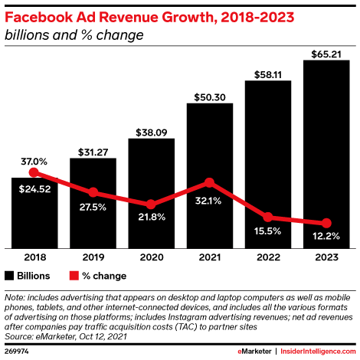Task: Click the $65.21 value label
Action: coord(327,54)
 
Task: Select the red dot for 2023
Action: coord(327,222)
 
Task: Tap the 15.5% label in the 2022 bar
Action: coord(268,230)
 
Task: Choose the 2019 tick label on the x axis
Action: coord(93,259)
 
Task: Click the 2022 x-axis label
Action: coord(268,259)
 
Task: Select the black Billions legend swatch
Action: coord(9,275)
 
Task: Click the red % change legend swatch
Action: coord(74,275)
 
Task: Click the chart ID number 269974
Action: coord(18,350)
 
